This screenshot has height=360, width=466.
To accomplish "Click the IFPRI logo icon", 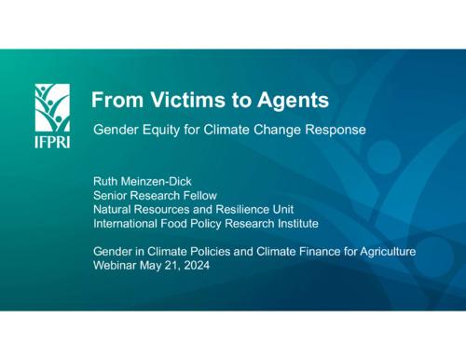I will pos(51,104).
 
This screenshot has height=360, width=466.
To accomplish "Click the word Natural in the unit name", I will pos(114,211).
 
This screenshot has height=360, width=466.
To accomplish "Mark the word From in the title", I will pos(114,100).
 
